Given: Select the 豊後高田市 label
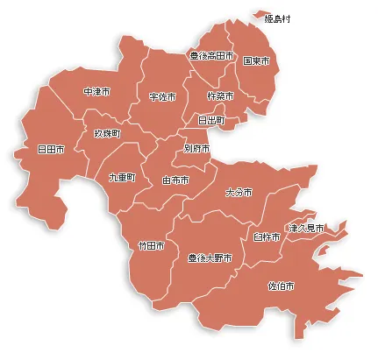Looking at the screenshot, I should coord(211,55).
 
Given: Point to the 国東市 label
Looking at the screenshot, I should coord(256,61).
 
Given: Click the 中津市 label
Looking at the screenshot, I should coord(96,92).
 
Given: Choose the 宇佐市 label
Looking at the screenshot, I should coord(162,96).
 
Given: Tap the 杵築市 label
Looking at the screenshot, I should coord(220,95).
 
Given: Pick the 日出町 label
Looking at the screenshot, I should coord(211,119).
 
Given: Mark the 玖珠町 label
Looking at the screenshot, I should coord(108,133).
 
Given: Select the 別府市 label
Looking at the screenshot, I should coord(196,149).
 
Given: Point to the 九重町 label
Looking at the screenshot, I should coord(122,177).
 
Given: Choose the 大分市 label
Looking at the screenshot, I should coord(239,192).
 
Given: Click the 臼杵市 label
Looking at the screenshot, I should coord(267,236).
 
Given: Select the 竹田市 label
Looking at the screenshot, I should coord(152,246).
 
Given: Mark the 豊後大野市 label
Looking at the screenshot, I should coord(210,258).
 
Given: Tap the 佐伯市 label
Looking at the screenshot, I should coord(281,286).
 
